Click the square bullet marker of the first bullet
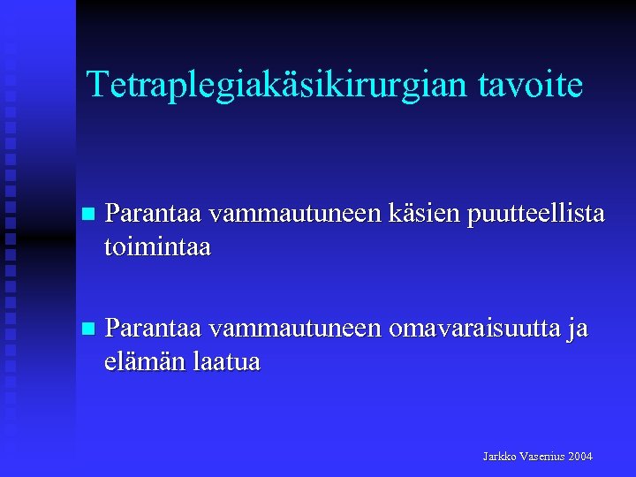pyautogui.click(x=86, y=214)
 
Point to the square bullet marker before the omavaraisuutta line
pyautogui.click(x=86, y=329)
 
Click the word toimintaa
pyautogui.click(x=157, y=246)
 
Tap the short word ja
pyautogui.click(x=578, y=329)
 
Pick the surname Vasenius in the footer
pyautogui.click(x=542, y=456)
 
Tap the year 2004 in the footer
pyautogui.click(x=580, y=456)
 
